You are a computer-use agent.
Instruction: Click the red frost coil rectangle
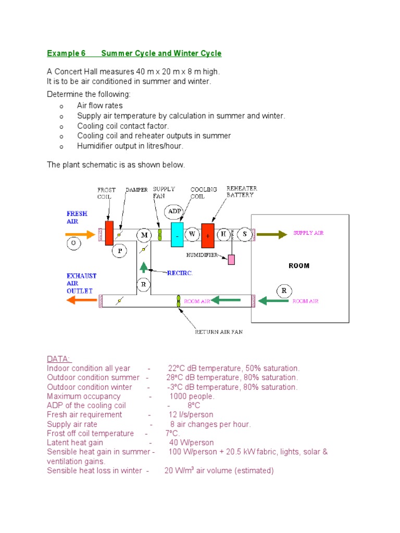[109, 233]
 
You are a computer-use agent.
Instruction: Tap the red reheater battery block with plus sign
[208, 235]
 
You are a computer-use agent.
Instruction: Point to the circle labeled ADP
[174, 212]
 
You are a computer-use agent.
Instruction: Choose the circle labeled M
[144, 235]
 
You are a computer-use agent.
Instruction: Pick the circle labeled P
[120, 251]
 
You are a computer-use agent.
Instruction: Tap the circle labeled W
[192, 234]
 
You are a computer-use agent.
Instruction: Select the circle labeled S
[244, 234]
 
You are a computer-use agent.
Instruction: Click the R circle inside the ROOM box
[284, 291]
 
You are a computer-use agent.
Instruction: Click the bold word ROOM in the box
[299, 265]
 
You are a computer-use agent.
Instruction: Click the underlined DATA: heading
[59, 359]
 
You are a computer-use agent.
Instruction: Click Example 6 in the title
[66, 53]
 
